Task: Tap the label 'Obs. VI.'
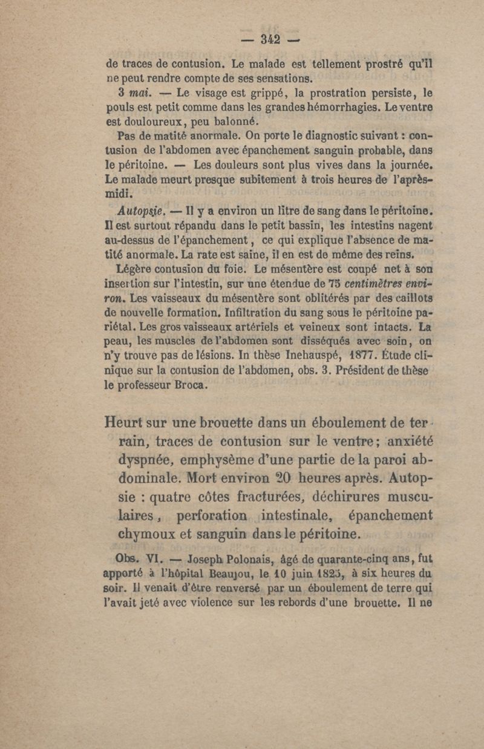(143, 558)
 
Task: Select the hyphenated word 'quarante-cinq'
(352, 558)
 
